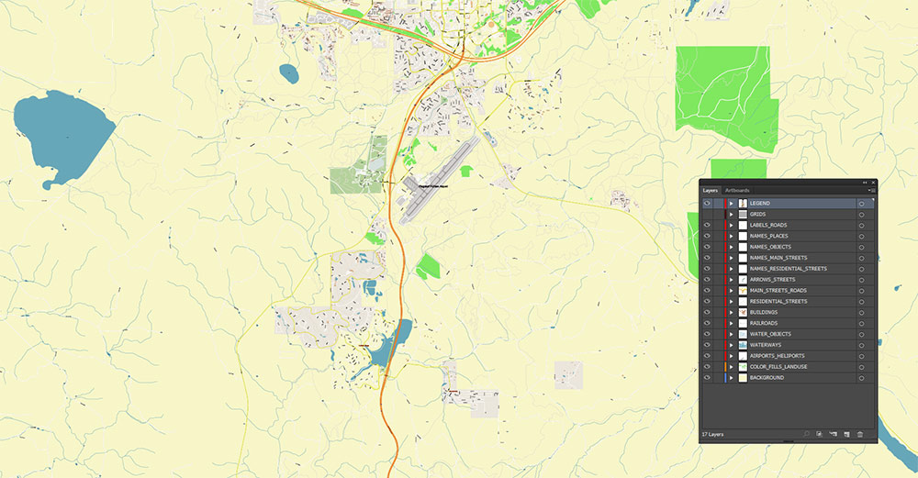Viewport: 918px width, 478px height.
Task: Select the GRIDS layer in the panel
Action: click(757, 214)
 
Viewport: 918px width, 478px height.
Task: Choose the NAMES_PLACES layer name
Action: click(768, 236)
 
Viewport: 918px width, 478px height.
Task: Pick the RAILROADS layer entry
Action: click(765, 323)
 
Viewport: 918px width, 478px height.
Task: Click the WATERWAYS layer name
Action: click(765, 345)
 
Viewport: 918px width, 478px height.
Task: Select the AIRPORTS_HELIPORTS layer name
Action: click(777, 356)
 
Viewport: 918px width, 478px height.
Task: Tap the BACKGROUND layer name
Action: click(767, 378)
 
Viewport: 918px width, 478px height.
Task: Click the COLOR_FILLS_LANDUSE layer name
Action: click(778, 367)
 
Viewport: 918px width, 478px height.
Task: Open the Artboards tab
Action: click(737, 190)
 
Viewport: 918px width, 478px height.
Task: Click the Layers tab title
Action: click(710, 190)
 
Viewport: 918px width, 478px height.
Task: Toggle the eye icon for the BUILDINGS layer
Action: click(707, 312)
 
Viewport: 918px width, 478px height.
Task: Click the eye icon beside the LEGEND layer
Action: click(707, 203)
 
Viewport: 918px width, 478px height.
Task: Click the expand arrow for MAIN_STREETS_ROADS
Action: click(731, 290)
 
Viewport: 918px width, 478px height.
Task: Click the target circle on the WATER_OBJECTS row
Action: click(862, 334)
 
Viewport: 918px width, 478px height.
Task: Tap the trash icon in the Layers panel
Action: click(860, 433)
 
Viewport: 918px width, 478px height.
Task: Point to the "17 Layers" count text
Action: click(713, 433)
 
